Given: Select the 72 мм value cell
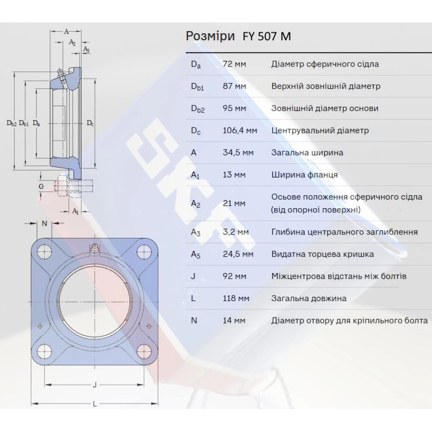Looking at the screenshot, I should click(234, 64).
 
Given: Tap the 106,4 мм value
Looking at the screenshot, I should click(239, 130).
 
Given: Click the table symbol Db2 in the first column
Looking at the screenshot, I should click(197, 109).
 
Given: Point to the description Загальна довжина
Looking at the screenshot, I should click(309, 299).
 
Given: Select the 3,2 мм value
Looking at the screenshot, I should click(235, 232).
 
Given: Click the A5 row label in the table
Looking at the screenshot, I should click(196, 254).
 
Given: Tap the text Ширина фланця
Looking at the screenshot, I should click(305, 175).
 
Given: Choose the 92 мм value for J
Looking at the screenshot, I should click(234, 276).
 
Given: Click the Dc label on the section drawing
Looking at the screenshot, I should click(90, 124).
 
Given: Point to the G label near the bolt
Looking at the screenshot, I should click(41, 186).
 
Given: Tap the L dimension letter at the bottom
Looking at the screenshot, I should click(95, 404).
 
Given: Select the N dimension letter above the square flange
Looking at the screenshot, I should click(44, 223).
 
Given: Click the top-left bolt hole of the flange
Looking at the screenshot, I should click(44, 251).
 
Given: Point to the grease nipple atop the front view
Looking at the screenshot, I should click(94, 248).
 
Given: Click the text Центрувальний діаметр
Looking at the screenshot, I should click(320, 130).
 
